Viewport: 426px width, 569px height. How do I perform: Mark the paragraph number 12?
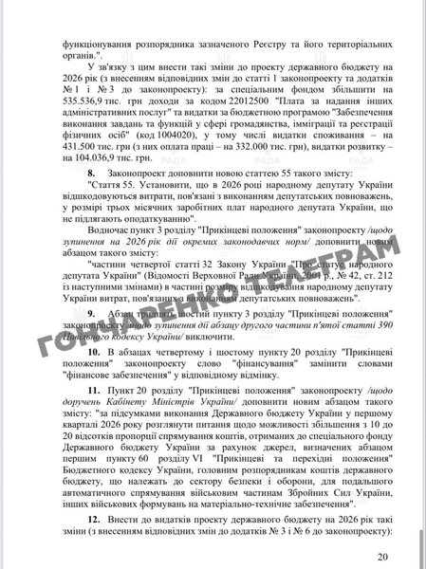pos(93,522)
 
